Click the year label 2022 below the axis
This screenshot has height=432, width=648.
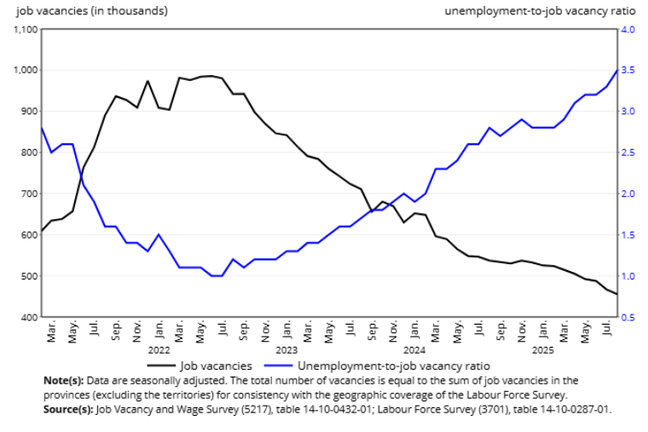click(159, 350)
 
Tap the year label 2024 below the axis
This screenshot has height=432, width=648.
click(414, 350)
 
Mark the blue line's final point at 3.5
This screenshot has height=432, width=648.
click(617, 70)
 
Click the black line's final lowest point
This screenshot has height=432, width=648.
click(617, 294)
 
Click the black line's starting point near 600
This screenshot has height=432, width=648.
click(41, 231)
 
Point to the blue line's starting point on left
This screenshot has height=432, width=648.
click(41, 128)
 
